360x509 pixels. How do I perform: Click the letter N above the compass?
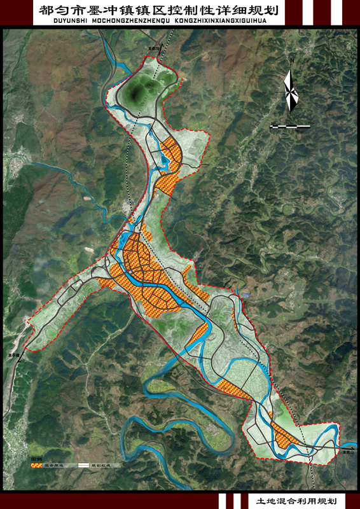pos(291,60)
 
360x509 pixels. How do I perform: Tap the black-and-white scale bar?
pos(291,127)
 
